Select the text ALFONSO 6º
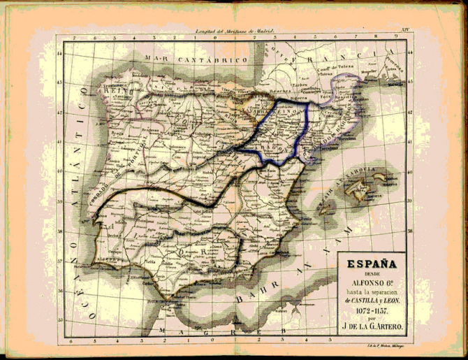(x=374, y=282)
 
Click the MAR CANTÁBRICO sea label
(x=196, y=61)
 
